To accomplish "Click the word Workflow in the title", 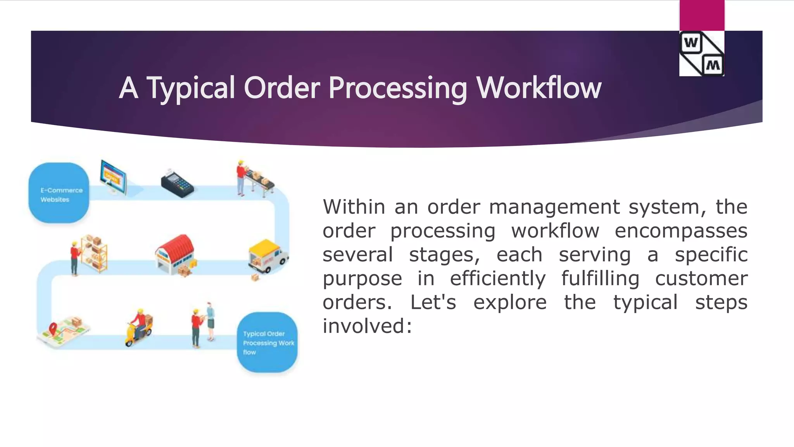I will tap(539, 88).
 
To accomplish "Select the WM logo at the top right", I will tap(702, 54).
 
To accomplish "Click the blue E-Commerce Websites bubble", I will tap(59, 193).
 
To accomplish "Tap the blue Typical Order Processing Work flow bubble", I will tap(268, 342).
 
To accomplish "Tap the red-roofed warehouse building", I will tap(175, 253).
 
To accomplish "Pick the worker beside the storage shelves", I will tap(75, 258).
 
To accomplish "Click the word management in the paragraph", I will tap(554, 207).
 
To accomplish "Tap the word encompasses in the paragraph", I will tap(681, 231).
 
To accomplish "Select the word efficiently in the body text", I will tap(497, 279).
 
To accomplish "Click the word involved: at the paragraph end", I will tap(367, 326).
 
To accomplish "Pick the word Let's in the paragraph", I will tap(433, 302).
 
